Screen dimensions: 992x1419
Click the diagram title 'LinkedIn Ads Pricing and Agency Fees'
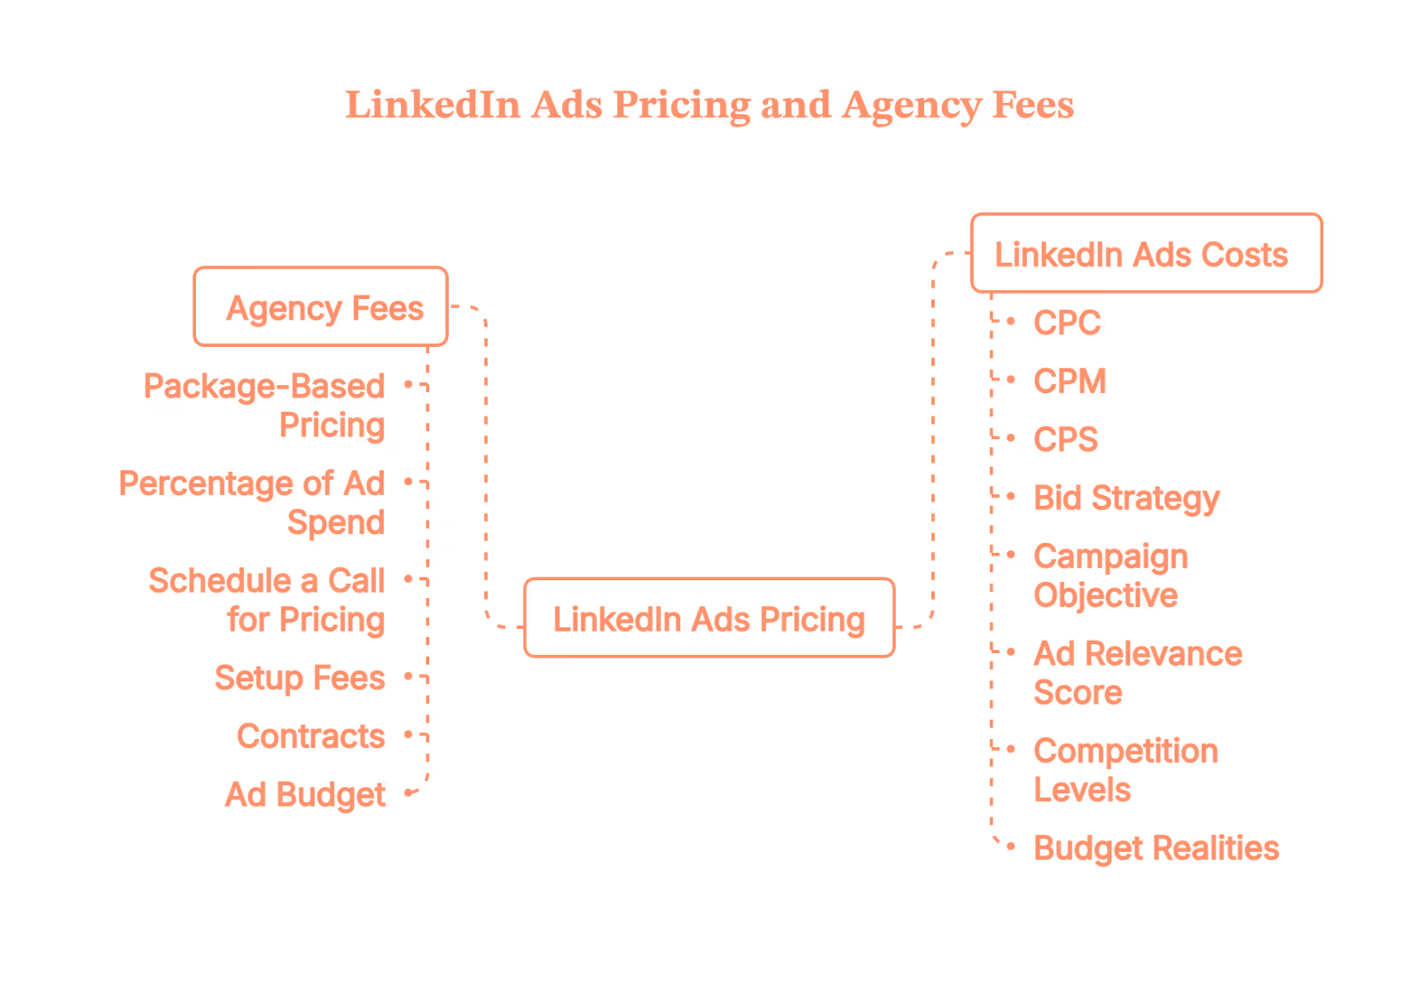pos(709,105)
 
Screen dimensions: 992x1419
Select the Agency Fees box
pos(321,307)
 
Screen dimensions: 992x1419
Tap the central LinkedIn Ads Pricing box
pos(709,618)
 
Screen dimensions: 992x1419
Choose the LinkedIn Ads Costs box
pos(1146,254)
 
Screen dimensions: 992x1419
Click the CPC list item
pos(1067,323)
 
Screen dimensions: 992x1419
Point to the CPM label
pos(1070,382)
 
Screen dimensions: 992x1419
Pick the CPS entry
pos(1066,440)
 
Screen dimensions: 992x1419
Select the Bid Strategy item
pos(1126,499)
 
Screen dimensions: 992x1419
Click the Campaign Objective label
pos(1109,576)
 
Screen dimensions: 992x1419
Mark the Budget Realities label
pos(1156,848)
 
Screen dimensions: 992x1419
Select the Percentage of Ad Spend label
pos(253,502)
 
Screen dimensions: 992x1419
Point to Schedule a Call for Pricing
pos(267,600)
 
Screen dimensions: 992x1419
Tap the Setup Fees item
pos(300,678)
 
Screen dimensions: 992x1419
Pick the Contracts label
pos(310,736)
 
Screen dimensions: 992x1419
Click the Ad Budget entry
pos(305,795)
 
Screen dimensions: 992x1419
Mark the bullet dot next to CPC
pos(1011,321)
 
